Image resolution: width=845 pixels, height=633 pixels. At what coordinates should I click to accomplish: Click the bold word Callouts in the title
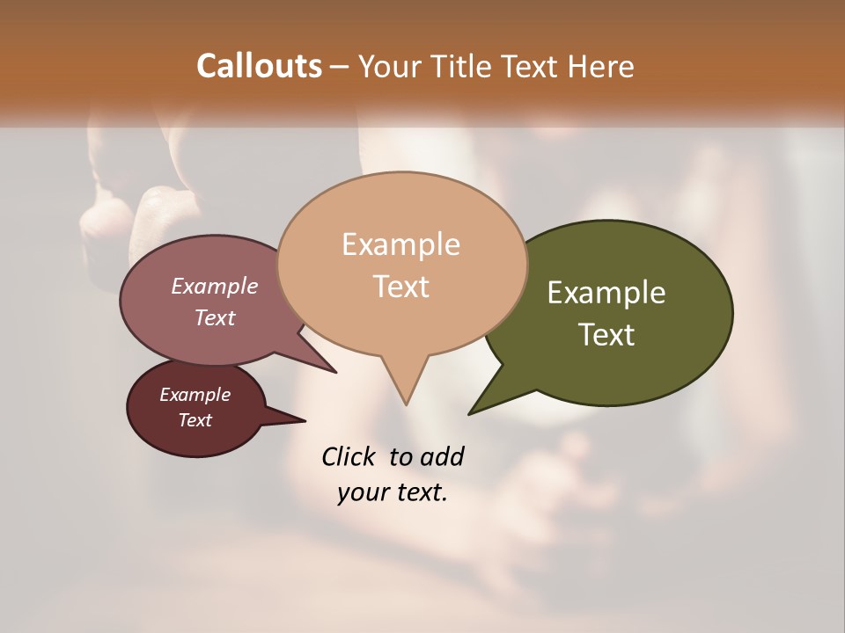tap(259, 66)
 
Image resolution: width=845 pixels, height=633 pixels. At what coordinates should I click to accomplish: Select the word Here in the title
tap(601, 66)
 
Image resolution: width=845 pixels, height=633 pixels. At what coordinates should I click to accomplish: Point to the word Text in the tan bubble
tap(400, 286)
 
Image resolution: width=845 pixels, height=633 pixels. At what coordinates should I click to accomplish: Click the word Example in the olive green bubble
tap(606, 293)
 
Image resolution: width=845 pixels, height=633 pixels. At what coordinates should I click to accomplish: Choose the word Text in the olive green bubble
tap(606, 335)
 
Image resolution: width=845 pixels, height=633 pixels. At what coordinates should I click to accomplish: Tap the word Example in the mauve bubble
tap(214, 286)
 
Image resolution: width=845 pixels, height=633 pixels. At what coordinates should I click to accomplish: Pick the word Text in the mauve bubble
tap(214, 317)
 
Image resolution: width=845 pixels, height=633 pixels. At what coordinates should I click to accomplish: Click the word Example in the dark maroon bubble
tap(195, 395)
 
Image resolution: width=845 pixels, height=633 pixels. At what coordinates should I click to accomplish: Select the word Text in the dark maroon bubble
tap(195, 420)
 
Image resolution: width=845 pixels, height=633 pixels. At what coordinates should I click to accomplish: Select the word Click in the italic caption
tap(348, 456)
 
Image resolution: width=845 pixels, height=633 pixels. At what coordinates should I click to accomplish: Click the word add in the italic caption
tap(441, 456)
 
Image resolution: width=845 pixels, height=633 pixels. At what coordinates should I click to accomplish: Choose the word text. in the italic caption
tap(417, 492)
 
